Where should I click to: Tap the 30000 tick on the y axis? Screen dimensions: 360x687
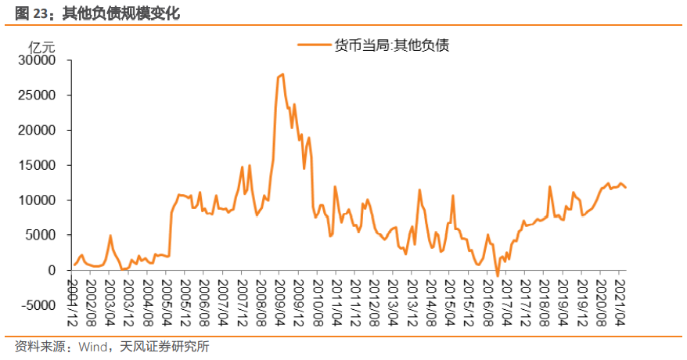38,60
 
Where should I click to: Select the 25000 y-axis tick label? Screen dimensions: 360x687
38,95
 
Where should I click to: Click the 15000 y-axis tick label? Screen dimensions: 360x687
38,165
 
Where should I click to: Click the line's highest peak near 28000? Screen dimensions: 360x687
282,74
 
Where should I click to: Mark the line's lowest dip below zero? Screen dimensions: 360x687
497,275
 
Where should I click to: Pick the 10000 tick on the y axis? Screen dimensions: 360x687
38,200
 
